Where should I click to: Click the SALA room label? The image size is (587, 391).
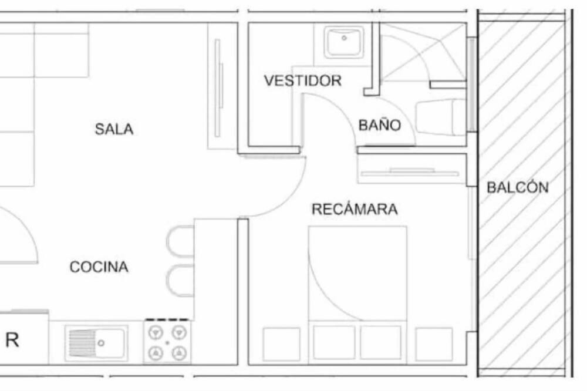pos(114,129)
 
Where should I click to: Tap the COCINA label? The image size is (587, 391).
pos(99,267)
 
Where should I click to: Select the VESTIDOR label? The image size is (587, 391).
pos(302,80)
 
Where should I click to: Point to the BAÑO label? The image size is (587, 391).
pos(380,124)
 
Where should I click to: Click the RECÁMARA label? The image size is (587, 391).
pos(355,208)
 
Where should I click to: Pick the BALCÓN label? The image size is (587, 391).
pos(518,187)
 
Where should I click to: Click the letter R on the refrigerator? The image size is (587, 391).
pos(12,340)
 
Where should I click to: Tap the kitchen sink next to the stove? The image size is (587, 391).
pos(96,343)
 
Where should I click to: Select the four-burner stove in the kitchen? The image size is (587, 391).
pos(167,342)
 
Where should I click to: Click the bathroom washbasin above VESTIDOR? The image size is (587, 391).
pos(343,42)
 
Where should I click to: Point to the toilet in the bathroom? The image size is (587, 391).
pos(441,117)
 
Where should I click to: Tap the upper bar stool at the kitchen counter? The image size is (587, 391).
pos(180,241)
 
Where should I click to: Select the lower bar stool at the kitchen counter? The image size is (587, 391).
pos(180,281)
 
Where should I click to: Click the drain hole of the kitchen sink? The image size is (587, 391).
pos(101,343)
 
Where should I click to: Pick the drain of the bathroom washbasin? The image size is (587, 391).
pos(344,38)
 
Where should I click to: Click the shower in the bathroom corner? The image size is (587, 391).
pos(423,52)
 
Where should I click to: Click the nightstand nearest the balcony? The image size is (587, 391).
pos(434,344)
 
